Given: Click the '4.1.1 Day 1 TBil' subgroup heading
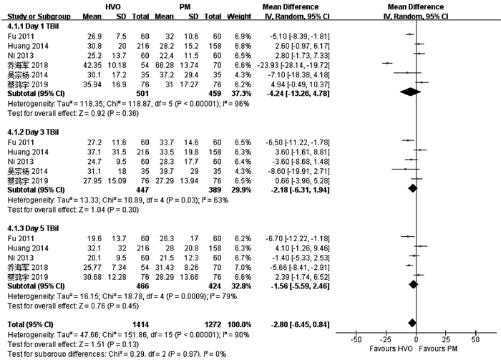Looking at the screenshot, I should point(33,24).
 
